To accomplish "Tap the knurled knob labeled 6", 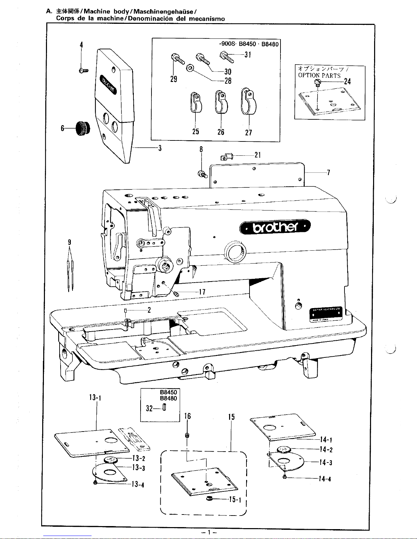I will click(82, 128).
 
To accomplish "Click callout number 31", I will click(247, 54).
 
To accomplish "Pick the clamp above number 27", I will click(247, 101).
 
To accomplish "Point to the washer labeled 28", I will click(190, 69).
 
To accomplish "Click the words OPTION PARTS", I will click(319, 75).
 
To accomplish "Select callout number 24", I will click(347, 81).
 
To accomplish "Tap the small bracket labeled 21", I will click(226, 157).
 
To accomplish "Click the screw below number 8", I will click(203, 174).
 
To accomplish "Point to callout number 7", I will click(328, 172).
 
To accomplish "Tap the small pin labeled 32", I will click(164, 407).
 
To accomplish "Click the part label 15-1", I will click(235, 500).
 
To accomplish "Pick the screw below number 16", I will click(187, 435).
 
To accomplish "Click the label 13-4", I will click(138, 485).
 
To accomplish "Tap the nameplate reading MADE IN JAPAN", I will click(326, 314).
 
